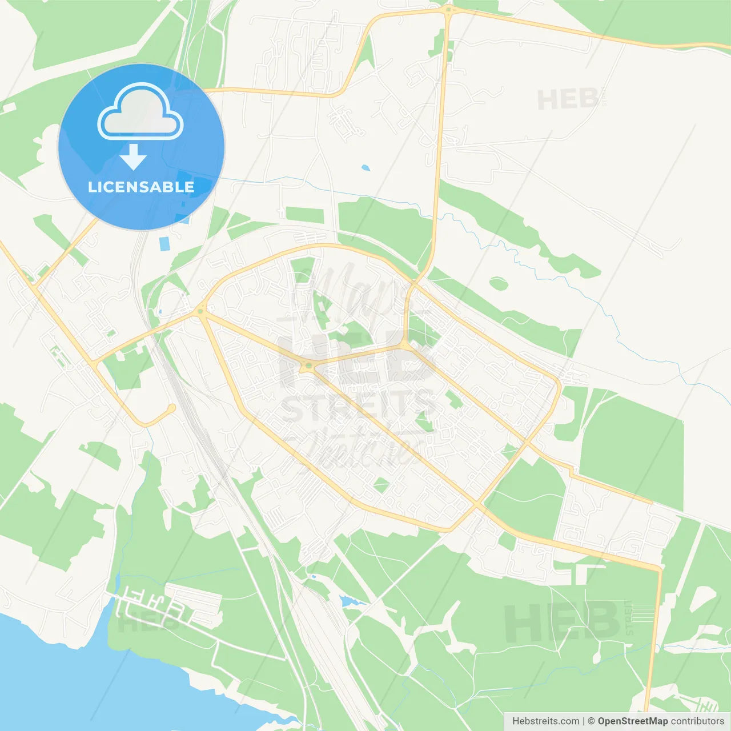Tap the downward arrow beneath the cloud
coord(133,157)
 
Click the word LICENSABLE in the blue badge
coord(141,187)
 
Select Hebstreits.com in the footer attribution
coord(545,721)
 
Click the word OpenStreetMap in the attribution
coord(632,721)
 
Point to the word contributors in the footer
coord(697,721)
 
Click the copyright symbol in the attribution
coord(591,721)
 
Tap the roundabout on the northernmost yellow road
coord(449,10)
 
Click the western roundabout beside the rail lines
coord(200,311)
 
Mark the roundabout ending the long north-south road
coord(404,345)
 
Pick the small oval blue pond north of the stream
coord(365,168)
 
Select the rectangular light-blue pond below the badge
coord(164,244)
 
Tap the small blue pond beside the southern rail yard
coord(346,601)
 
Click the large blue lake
coord(86,680)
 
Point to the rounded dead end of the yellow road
coord(171,408)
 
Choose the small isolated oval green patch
coord(498,283)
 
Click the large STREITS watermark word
coord(359,407)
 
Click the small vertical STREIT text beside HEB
coord(629,617)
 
